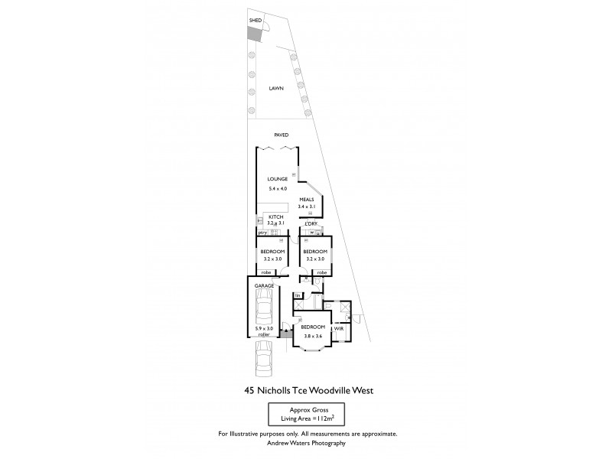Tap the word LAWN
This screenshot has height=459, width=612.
click(x=276, y=89)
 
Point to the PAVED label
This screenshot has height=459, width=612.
click(x=282, y=135)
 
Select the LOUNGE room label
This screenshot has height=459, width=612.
click(x=277, y=179)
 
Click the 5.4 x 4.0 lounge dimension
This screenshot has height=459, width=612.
click(x=277, y=188)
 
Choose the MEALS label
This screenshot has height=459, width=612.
click(x=307, y=199)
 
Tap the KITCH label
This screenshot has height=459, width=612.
click(x=275, y=217)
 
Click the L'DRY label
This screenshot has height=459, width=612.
click(x=311, y=223)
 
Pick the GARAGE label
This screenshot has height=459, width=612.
click(x=265, y=285)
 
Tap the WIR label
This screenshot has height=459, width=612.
click(x=339, y=327)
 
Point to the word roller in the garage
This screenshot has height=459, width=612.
click(x=264, y=335)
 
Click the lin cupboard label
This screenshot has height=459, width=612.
click(x=298, y=295)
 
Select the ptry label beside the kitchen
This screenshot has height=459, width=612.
click(x=262, y=232)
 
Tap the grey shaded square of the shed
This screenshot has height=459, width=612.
click(x=254, y=34)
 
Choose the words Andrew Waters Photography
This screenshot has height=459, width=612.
click(x=307, y=443)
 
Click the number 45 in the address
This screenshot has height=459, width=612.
click(x=249, y=391)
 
